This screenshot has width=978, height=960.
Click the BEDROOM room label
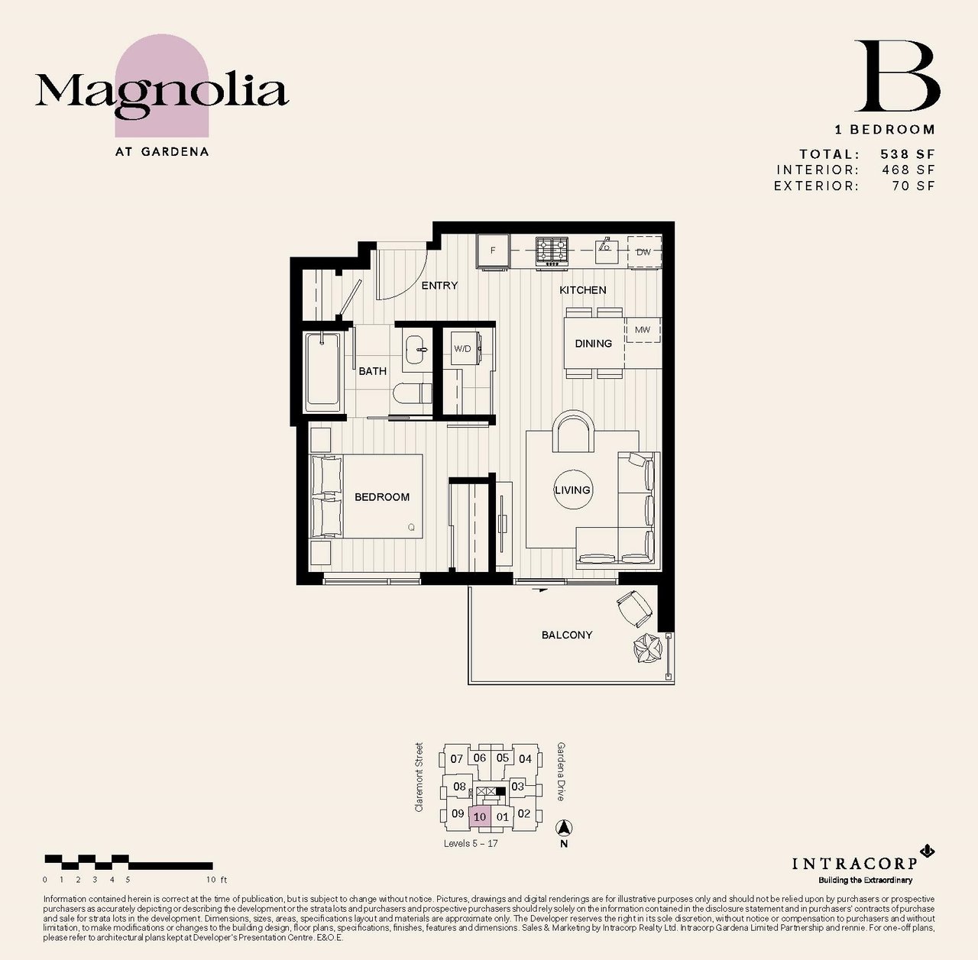(382, 496)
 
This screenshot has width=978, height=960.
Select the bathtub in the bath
(322, 373)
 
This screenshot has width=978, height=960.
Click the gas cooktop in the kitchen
(552, 251)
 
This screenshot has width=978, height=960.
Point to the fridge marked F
(493, 251)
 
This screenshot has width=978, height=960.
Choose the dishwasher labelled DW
(644, 252)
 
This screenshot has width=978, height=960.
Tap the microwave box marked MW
(643, 330)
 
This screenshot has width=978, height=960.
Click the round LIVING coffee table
(572, 490)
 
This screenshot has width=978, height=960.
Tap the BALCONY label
(567, 635)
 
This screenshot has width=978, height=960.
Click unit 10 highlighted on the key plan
(480, 816)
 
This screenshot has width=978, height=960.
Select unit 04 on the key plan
(525, 758)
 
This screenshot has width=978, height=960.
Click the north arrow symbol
(563, 828)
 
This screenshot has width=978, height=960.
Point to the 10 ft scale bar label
(217, 880)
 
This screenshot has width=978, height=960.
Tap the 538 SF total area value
(908, 154)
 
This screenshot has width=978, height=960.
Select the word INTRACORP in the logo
(855, 863)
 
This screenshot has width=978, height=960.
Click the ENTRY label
(439, 285)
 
